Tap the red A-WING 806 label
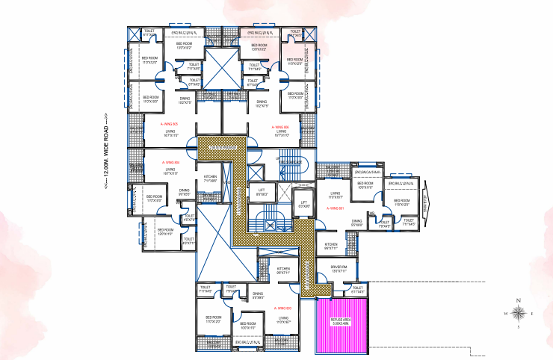coord(280,128)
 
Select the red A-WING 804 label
coord(171,162)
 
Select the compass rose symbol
coord(520,314)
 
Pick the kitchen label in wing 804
coord(210,179)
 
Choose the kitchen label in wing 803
coord(283,270)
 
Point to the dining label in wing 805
coord(185,100)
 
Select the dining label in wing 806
coord(262,104)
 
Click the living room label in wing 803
coord(282,320)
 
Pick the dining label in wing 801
coord(357,223)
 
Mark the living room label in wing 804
coord(170,171)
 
